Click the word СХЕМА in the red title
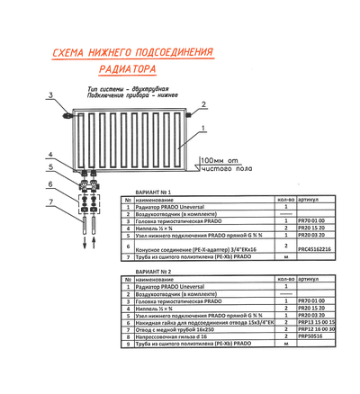(67, 54)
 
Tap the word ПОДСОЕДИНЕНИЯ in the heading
(166, 54)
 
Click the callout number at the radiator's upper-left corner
(51, 94)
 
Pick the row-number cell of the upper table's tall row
(128, 244)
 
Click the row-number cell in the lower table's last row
(128, 343)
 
